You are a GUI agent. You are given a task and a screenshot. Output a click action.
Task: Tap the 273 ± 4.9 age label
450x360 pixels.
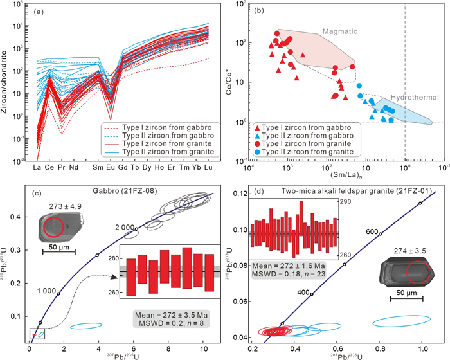(x=59, y=207)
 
